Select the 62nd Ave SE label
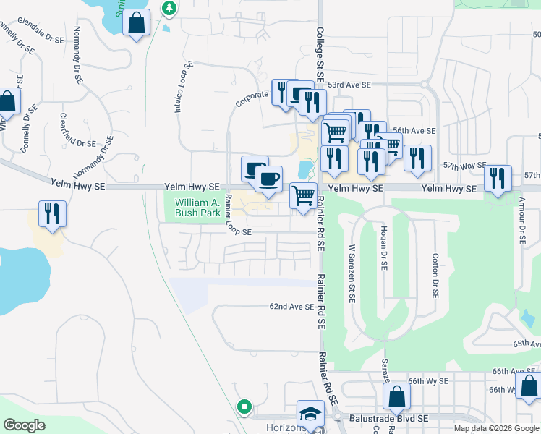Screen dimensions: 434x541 (x=292, y=307)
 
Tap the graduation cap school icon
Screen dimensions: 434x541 (x=310, y=414)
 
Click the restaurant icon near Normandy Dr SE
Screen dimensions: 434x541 (x=52, y=213)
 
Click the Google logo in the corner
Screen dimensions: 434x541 (x=25, y=425)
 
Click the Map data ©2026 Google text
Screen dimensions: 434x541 (x=496, y=428)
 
